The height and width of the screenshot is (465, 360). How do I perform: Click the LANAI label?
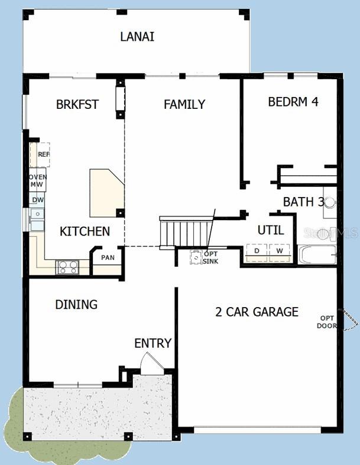click(x=137, y=37)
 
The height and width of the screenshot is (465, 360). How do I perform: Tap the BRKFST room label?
click(x=77, y=105)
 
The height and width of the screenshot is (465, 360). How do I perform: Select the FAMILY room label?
click(x=184, y=105)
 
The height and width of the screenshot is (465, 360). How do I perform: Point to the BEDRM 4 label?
click(x=293, y=102)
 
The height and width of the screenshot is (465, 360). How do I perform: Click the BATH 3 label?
click(x=303, y=202)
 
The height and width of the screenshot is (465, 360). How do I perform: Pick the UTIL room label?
click(x=270, y=230)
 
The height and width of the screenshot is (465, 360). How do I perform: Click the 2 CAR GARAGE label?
click(x=257, y=312)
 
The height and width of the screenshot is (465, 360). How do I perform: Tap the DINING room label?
click(x=76, y=305)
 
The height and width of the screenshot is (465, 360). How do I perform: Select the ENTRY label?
click(x=153, y=343)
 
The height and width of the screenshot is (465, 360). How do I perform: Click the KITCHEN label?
click(x=85, y=231)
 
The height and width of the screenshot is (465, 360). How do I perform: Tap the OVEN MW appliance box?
click(x=38, y=180)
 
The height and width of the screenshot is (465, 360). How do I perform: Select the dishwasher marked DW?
click(x=37, y=200)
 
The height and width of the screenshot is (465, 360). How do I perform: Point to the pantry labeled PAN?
click(x=108, y=258)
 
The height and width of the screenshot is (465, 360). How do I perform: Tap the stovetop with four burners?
click(x=66, y=267)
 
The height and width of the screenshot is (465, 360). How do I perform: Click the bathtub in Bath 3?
click(x=318, y=255)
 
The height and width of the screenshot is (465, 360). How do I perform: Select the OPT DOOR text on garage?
click(x=327, y=321)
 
